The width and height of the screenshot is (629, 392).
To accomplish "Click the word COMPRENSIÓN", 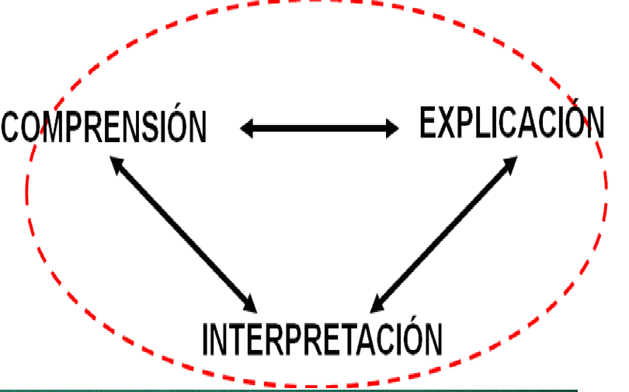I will pyautogui.click(x=104, y=127).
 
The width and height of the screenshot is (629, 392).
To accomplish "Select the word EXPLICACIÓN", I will pyautogui.click(x=512, y=123).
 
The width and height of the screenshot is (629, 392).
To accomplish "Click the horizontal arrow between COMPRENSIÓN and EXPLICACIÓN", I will pyautogui.click(x=319, y=128).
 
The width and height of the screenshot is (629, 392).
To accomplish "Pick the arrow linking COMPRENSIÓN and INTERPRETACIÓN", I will pyautogui.click(x=184, y=231).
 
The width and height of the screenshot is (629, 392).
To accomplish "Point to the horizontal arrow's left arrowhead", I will pyautogui.click(x=248, y=128).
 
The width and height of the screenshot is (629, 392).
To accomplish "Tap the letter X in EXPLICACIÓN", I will pyautogui.click(x=450, y=123).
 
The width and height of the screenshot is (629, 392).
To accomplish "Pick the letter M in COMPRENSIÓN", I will pyautogui.click(x=59, y=127).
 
